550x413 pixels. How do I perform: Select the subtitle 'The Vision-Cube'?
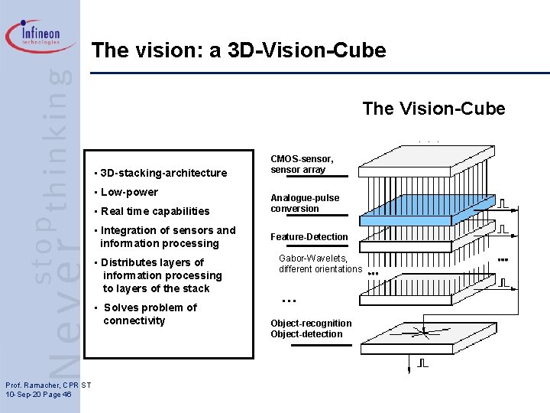pyautogui.click(x=433, y=109)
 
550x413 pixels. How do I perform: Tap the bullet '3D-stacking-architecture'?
pyautogui.click(x=163, y=173)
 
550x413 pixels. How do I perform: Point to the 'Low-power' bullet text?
pyautogui.click(x=129, y=192)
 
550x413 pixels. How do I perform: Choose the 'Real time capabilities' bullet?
pyautogui.click(x=154, y=211)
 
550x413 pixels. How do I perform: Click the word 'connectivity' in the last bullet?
pyautogui.click(x=134, y=320)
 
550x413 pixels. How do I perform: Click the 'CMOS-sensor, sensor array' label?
pyautogui.click(x=302, y=164)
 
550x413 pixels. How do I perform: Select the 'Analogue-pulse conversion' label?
pyautogui.click(x=305, y=203)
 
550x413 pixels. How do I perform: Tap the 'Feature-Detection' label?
pyautogui.click(x=309, y=237)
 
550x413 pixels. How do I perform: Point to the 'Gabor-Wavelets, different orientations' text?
pyautogui.click(x=319, y=264)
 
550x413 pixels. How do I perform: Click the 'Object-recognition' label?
pyautogui.click(x=311, y=324)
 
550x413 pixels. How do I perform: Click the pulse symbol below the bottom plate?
pyautogui.click(x=422, y=363)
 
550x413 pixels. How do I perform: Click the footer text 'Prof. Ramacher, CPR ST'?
pyautogui.click(x=48, y=384)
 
